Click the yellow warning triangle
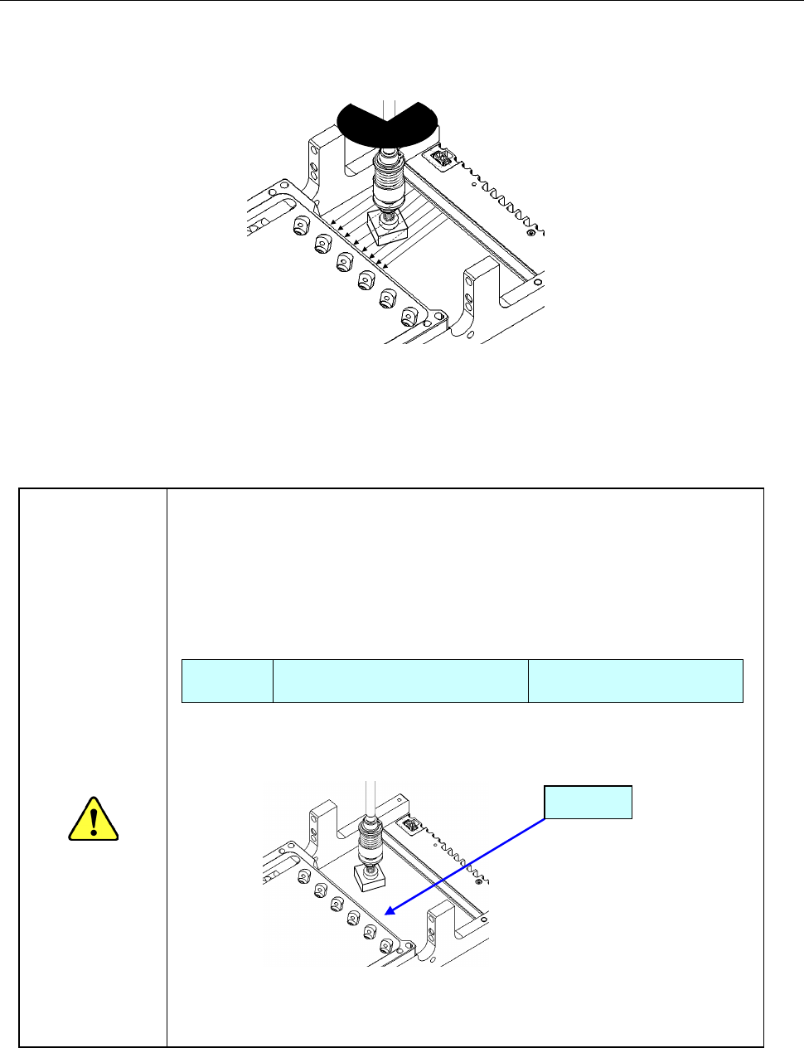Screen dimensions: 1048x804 [94, 819]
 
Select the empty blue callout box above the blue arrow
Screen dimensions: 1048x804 [588, 802]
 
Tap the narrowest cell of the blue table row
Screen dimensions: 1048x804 [227, 681]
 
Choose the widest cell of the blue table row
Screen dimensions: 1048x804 [400, 681]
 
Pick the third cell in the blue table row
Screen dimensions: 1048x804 [635, 681]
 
